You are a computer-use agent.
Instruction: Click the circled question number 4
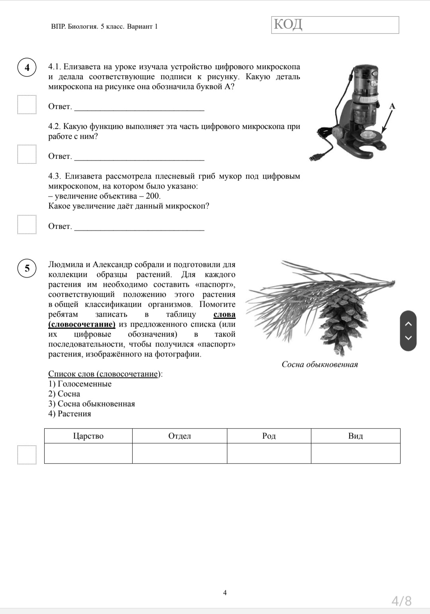click(x=27, y=67)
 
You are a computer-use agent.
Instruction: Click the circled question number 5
click(x=27, y=268)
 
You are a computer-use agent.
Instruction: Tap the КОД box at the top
click(x=335, y=25)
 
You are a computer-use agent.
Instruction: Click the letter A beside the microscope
click(x=392, y=106)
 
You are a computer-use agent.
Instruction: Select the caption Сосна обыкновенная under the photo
click(x=319, y=364)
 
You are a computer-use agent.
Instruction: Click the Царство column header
click(x=88, y=436)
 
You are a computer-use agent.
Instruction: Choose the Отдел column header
click(x=180, y=436)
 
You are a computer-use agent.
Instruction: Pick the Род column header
click(x=269, y=436)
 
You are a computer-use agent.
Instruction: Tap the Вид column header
click(x=355, y=436)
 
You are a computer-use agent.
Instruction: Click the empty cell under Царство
click(x=88, y=453)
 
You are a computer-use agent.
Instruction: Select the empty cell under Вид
click(x=355, y=453)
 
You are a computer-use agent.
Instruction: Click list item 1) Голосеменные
click(x=80, y=384)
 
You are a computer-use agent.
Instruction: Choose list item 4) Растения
click(x=70, y=413)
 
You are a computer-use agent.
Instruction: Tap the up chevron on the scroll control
click(x=408, y=324)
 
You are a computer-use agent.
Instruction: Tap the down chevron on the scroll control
click(x=408, y=338)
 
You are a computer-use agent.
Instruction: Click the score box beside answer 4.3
click(x=27, y=224)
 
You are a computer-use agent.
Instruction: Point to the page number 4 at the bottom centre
click(x=225, y=593)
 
